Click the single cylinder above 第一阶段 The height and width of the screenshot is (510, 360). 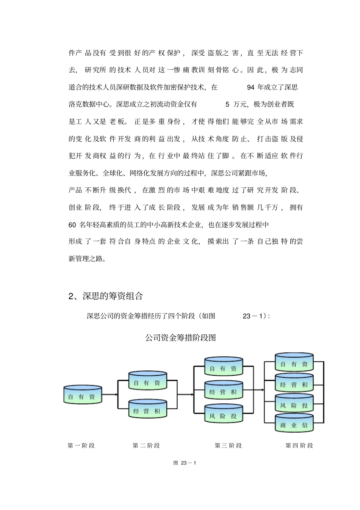click(83, 395)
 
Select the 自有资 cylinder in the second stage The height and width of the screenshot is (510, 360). click(148, 381)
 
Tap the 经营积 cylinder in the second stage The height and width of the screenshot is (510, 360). click(148, 409)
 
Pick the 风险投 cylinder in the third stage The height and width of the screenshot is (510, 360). click(224, 414)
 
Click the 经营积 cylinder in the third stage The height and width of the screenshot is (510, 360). click(224, 390)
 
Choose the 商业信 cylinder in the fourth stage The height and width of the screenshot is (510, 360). click(294, 424)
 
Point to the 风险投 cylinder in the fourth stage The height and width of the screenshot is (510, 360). click(294, 403)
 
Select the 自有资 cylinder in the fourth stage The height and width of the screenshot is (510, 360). click(294, 362)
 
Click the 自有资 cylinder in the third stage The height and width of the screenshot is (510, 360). click(224, 367)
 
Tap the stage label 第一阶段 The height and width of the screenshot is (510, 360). click(81, 446)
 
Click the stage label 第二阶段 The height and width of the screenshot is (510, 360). click(146, 446)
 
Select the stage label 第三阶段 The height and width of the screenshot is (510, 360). click(228, 446)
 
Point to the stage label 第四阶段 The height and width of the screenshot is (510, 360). click(299, 446)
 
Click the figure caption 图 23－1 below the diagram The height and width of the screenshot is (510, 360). click(185, 463)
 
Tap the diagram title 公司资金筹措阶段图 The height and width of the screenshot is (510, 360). click(180, 337)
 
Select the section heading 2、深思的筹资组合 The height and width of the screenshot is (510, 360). click(106, 296)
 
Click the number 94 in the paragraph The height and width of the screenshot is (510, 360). click(250, 88)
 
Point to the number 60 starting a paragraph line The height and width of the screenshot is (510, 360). click(72, 225)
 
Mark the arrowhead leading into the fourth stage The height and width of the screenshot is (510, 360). click(263, 389)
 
